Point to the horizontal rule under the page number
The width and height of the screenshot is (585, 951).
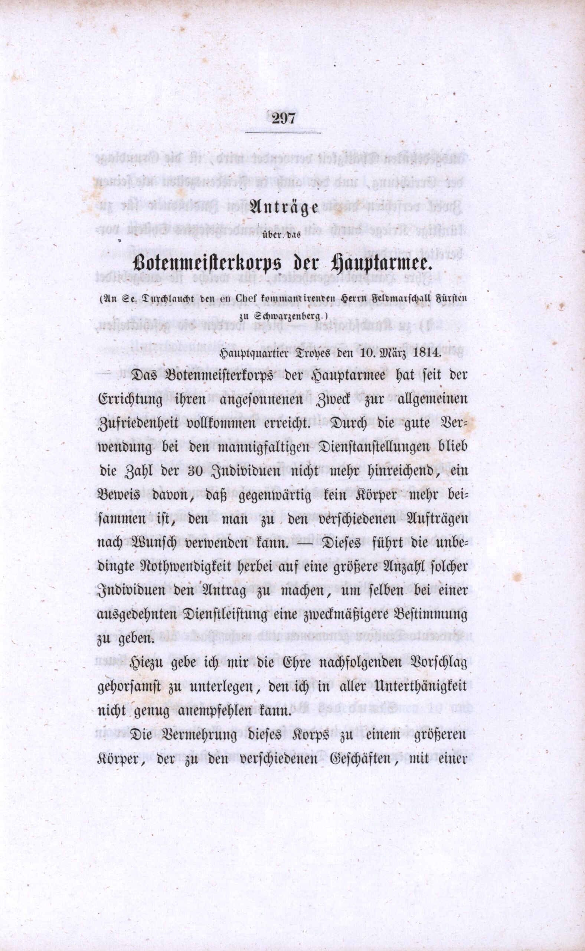(x=284, y=133)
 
